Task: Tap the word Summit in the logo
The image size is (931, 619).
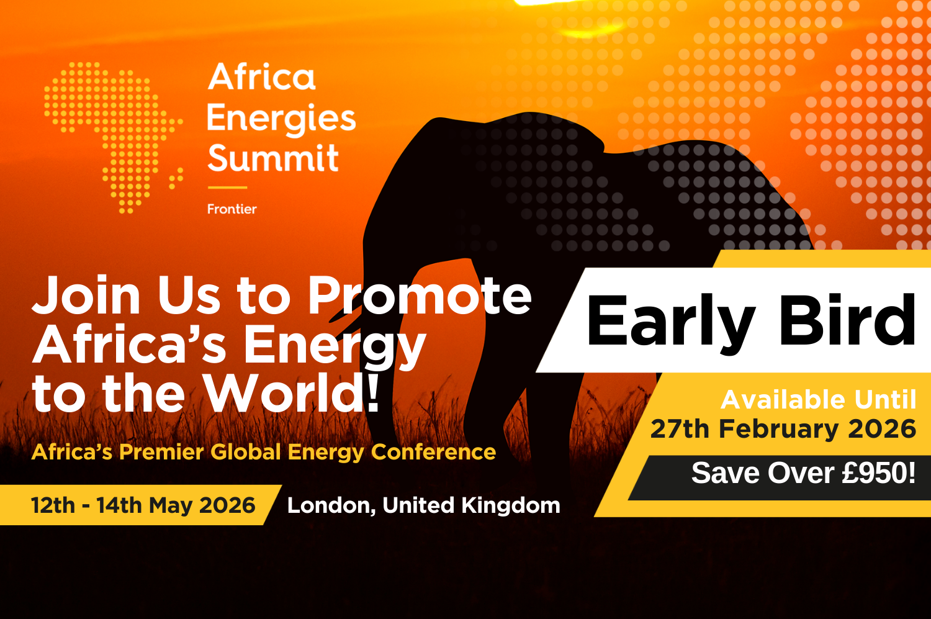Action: (273, 158)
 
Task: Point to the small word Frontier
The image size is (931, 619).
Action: (232, 209)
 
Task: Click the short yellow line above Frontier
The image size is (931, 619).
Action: (227, 187)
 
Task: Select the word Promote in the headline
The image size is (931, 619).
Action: (420, 296)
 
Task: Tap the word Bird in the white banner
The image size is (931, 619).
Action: (847, 321)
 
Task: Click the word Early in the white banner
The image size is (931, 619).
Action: (670, 322)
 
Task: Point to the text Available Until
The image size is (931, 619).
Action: (818, 400)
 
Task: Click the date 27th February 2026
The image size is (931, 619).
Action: (783, 429)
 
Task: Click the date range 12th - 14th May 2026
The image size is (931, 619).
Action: (143, 505)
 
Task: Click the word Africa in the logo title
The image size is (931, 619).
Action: (262, 78)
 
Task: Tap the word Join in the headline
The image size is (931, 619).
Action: (87, 296)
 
